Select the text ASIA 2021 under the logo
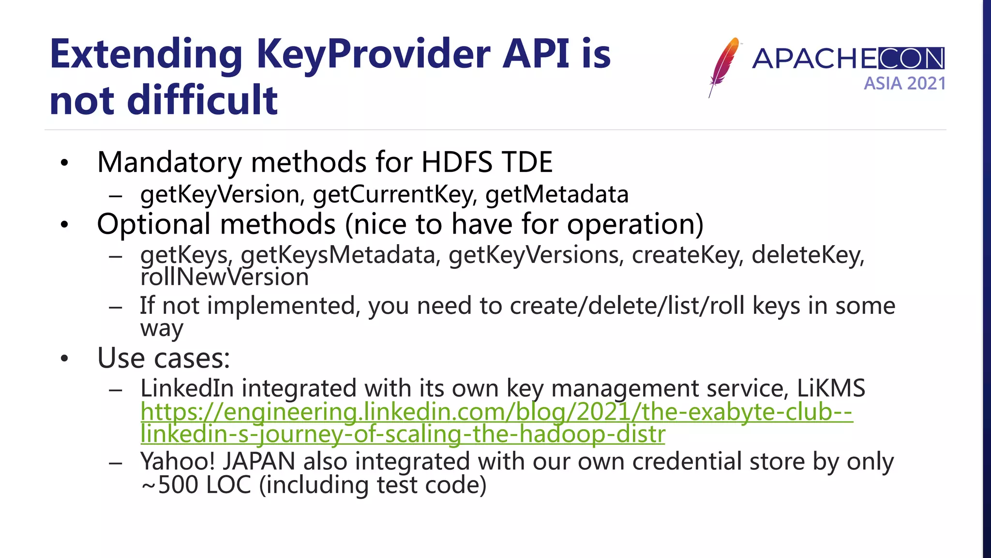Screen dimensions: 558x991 click(904, 84)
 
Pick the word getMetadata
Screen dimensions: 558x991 click(556, 195)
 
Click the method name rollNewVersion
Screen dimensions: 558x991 click(225, 278)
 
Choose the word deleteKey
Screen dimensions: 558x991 click(807, 255)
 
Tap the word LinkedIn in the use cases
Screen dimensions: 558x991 click(187, 388)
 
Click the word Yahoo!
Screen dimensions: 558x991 click(177, 461)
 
